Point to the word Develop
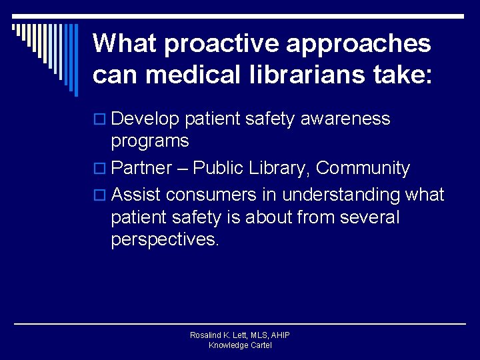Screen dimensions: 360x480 tap(145, 119)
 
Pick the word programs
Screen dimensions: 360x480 tap(150, 141)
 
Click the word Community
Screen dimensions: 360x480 tap(363, 168)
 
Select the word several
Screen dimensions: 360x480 tap(369, 217)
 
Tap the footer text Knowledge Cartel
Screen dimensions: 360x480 tap(240, 345)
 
